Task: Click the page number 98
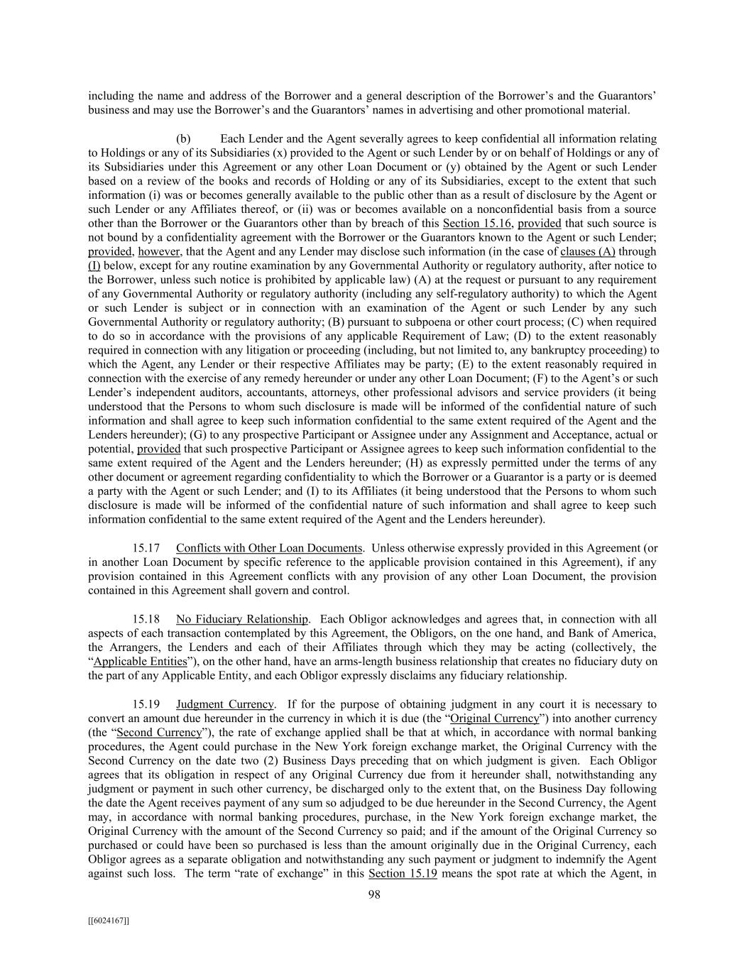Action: pyautogui.click(x=374, y=894)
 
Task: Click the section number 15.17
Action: pyautogui.click(x=145, y=548)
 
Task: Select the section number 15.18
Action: pyautogui.click(x=145, y=619)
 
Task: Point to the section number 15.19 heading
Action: pyautogui.click(x=145, y=704)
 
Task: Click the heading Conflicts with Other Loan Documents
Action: pyautogui.click(x=269, y=548)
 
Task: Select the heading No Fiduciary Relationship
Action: pyautogui.click(x=242, y=619)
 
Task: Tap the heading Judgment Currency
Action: pyautogui.click(x=224, y=704)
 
